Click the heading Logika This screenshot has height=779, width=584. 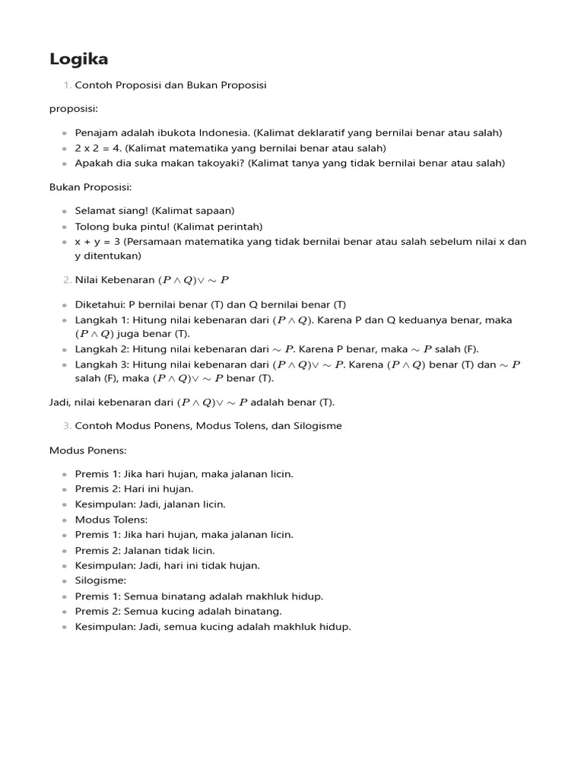click(x=78, y=59)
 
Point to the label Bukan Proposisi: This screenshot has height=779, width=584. click(x=89, y=186)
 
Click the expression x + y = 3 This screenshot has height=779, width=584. click(x=95, y=241)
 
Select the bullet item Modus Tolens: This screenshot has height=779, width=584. click(x=111, y=520)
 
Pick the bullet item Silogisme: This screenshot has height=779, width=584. click(x=100, y=580)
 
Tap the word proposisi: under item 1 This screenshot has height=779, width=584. click(x=74, y=109)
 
